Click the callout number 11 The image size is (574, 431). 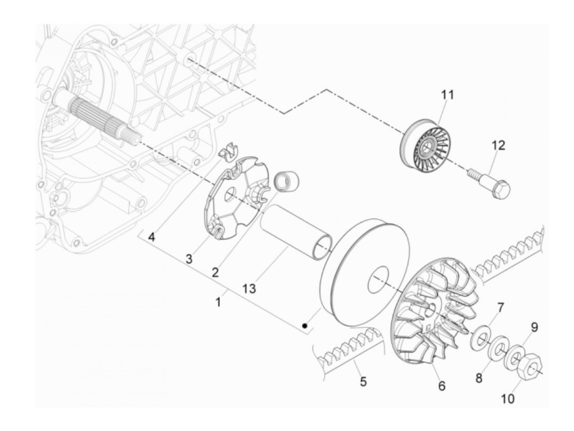point(448,95)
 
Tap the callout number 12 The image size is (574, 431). point(499,145)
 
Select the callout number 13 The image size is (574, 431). point(249,288)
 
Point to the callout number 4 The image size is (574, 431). point(152,237)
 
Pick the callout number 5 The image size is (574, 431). point(363,382)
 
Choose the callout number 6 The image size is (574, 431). point(442,386)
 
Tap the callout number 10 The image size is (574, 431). point(508,398)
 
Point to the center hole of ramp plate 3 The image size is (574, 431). point(230,194)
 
